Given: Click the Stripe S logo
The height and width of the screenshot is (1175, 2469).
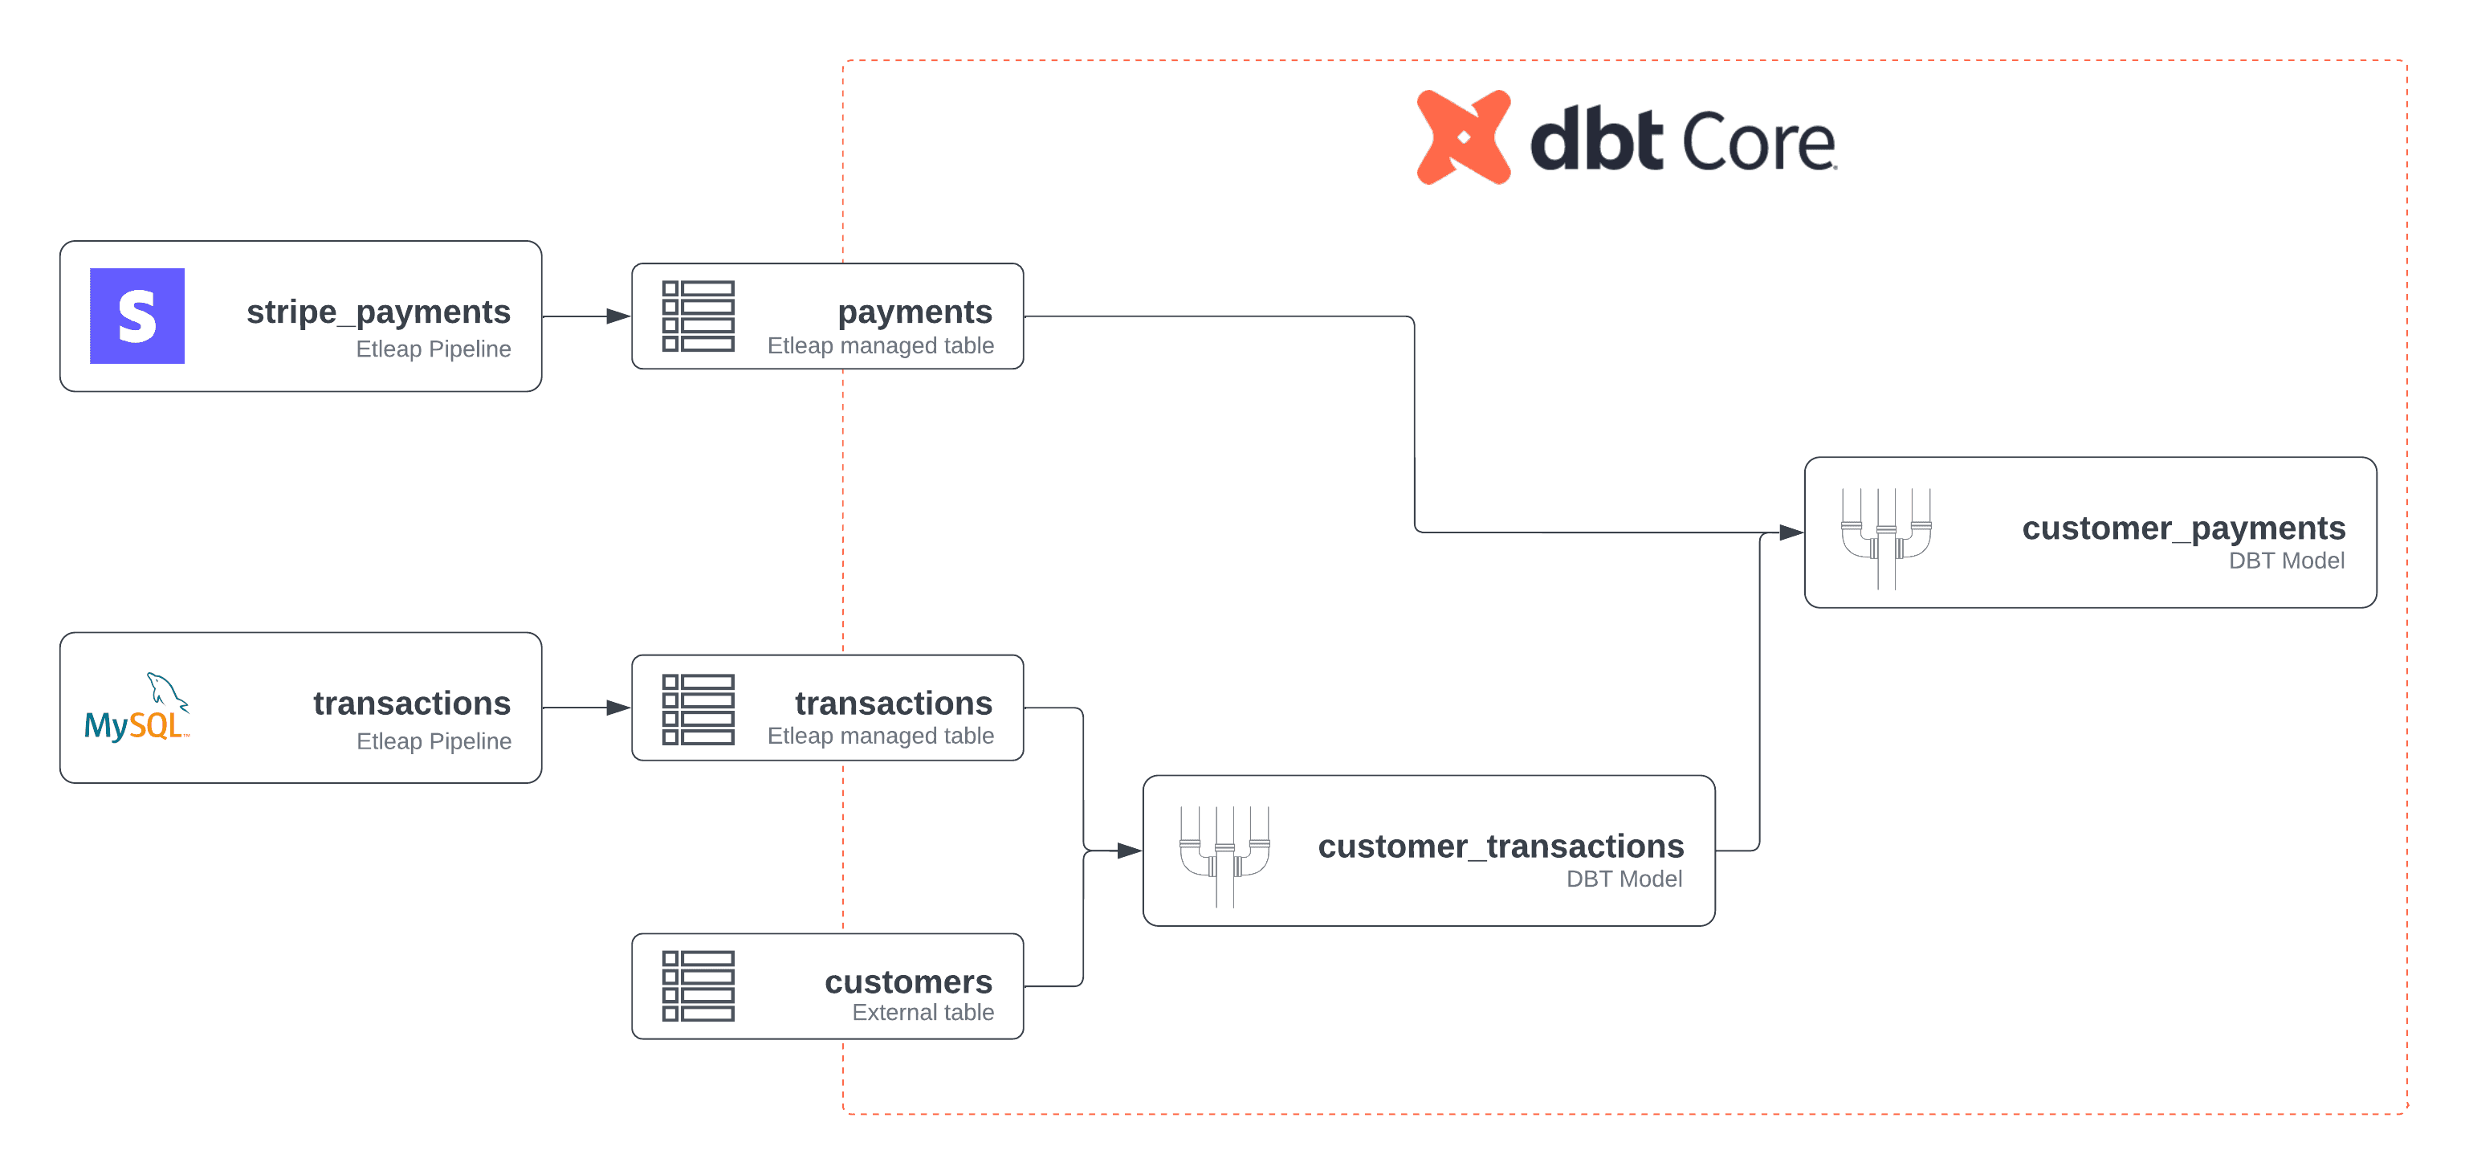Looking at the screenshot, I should [137, 316].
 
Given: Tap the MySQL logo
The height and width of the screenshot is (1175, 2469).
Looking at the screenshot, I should [137, 709].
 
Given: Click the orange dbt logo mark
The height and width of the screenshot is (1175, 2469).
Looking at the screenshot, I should [1464, 138].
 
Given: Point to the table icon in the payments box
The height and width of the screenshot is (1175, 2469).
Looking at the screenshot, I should [698, 316].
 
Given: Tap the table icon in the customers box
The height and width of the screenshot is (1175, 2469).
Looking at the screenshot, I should [698, 986].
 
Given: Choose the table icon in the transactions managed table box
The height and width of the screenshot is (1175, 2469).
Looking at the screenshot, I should [698, 709].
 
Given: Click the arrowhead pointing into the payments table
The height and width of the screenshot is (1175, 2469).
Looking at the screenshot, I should [619, 316].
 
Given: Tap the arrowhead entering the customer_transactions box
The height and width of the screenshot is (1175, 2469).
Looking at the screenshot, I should [1129, 850].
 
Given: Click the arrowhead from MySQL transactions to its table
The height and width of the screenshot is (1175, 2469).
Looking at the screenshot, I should [619, 708].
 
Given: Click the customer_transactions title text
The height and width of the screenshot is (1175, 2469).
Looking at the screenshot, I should [1500, 847].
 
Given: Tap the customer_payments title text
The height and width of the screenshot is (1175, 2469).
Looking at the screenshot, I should [2182, 528].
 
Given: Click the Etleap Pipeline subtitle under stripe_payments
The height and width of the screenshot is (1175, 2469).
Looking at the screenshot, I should [434, 349].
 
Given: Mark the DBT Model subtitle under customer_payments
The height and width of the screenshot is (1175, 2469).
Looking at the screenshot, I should [2286, 561].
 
